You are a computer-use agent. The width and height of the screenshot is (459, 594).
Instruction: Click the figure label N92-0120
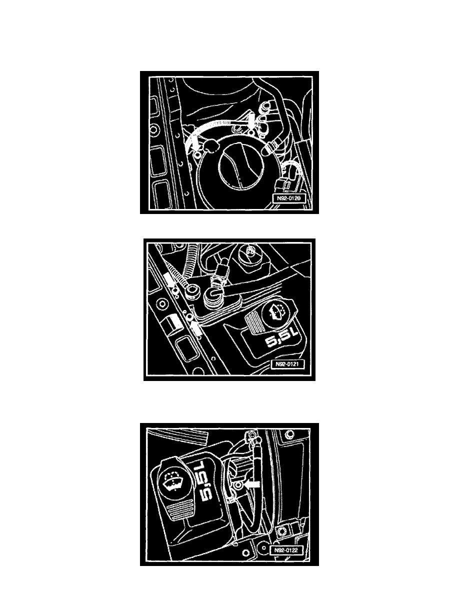click(x=288, y=198)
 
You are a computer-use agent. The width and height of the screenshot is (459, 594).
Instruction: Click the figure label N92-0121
click(x=287, y=364)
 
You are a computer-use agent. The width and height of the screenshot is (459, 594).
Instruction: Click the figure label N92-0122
click(x=286, y=549)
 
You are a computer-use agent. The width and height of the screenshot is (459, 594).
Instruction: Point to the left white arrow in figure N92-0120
click(x=194, y=143)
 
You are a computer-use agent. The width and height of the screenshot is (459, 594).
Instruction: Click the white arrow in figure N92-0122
click(x=252, y=484)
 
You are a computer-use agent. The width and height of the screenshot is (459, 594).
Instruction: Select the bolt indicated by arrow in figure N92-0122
click(x=238, y=485)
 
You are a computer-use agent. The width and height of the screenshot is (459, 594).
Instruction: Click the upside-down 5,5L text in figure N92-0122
click(x=204, y=480)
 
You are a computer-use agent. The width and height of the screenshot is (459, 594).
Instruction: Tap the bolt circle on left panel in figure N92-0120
click(x=154, y=130)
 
